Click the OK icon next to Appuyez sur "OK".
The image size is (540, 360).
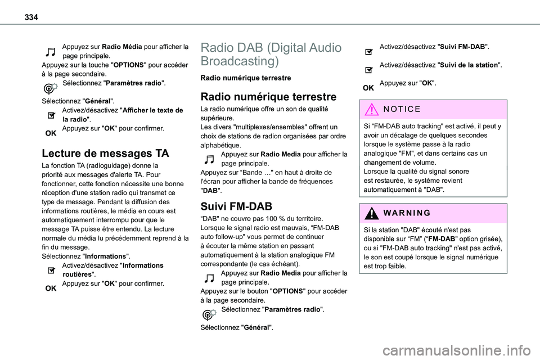point(368,88)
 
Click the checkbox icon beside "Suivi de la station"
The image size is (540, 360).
point(368,70)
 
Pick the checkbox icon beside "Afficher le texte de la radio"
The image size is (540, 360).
point(51,115)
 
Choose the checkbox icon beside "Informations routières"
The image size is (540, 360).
point(51,270)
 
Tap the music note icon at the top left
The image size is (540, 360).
point(51,51)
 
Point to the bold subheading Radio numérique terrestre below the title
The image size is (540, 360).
point(246,78)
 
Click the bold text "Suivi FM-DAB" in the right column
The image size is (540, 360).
point(463,46)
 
